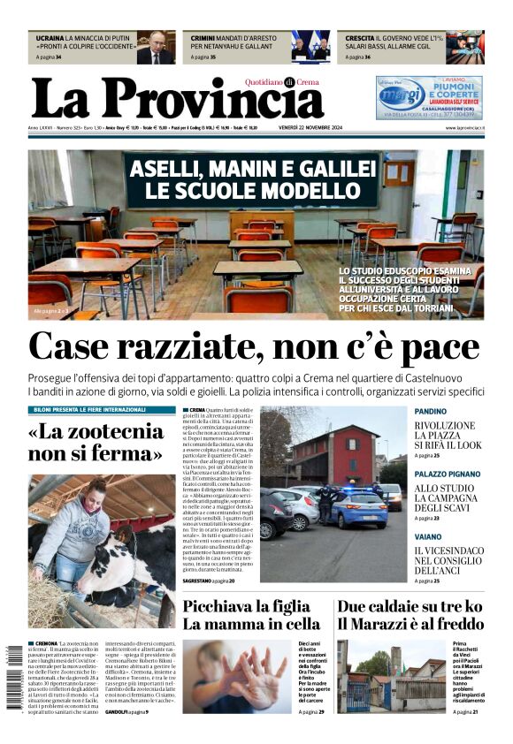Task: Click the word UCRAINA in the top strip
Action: pyautogui.click(x=50, y=39)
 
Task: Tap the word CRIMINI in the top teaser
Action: pyautogui.click(x=203, y=39)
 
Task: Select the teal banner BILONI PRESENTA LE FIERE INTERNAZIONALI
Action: pyautogui.click(x=102, y=410)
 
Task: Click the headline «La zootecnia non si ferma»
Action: pyautogui.click(x=96, y=443)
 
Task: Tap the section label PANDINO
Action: pyautogui.click(x=430, y=412)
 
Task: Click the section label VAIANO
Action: pyautogui.click(x=427, y=536)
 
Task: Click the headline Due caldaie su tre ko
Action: pyautogui.click(x=410, y=606)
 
